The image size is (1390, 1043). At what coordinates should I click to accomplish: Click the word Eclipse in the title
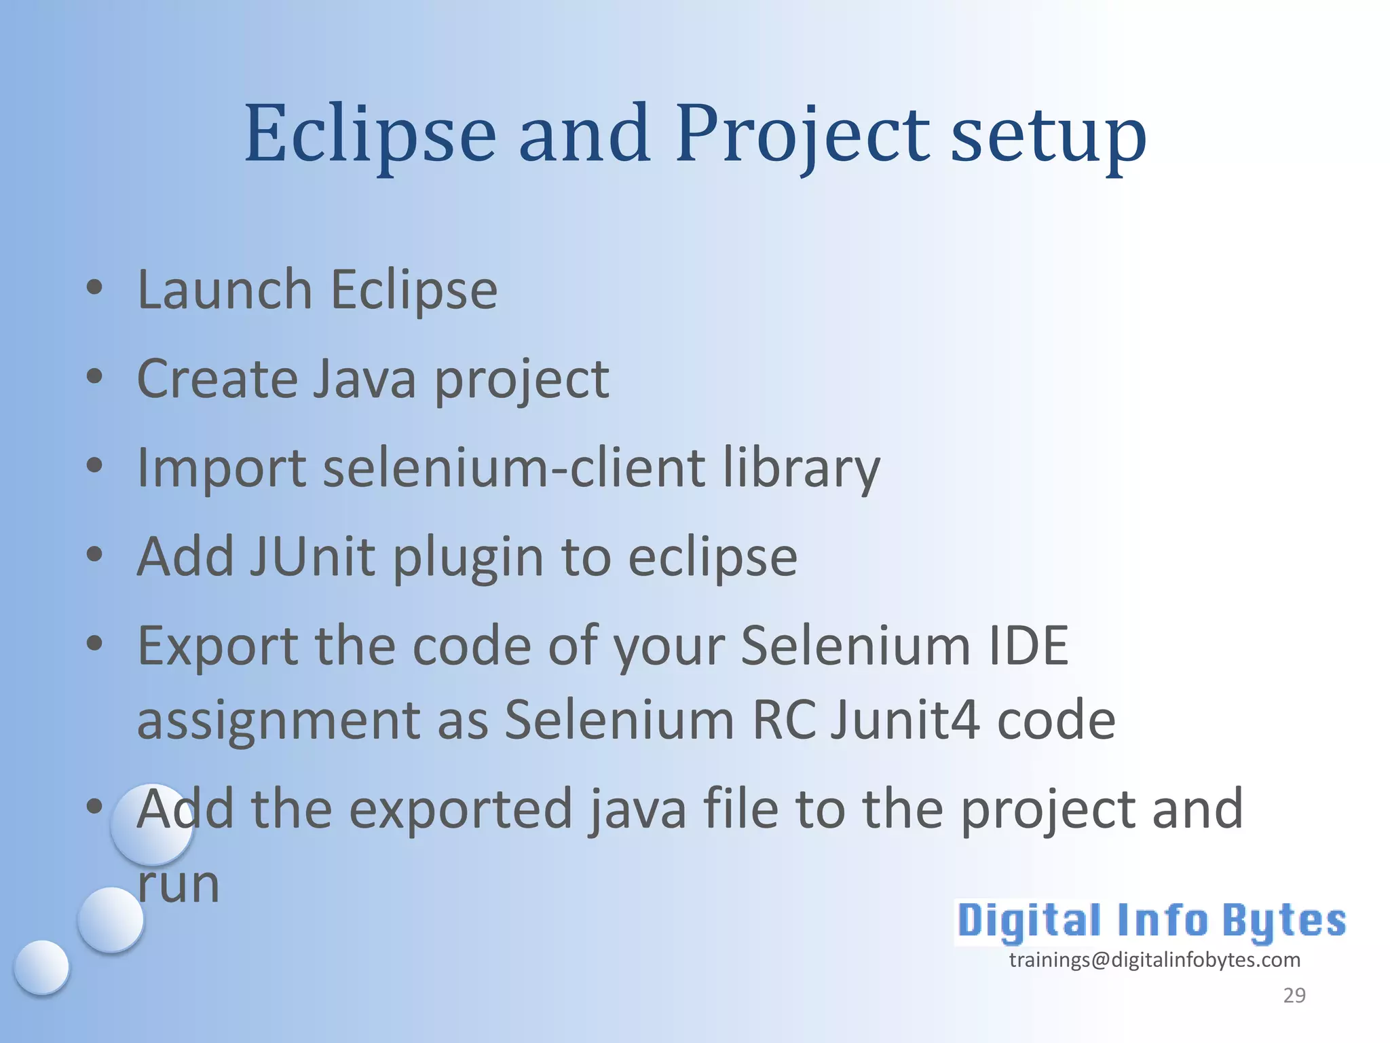pyautogui.click(x=370, y=134)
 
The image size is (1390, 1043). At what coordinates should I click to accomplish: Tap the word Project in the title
pyautogui.click(x=802, y=134)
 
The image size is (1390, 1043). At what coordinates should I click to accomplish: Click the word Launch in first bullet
pyautogui.click(x=225, y=290)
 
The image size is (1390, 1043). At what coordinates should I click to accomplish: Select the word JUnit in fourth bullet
pyautogui.click(x=312, y=557)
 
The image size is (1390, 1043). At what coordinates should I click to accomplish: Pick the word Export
pyautogui.click(x=217, y=646)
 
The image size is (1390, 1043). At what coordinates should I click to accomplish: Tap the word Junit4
pyautogui.click(x=905, y=720)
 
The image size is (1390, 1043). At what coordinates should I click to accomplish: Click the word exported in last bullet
pyautogui.click(x=461, y=809)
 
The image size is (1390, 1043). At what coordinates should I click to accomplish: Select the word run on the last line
pyautogui.click(x=179, y=885)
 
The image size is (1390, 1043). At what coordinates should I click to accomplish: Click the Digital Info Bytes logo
pyautogui.click(x=1151, y=921)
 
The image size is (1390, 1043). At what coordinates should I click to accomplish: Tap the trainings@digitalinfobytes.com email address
pyautogui.click(x=1154, y=959)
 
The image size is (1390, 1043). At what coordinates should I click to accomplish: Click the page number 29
pyautogui.click(x=1294, y=995)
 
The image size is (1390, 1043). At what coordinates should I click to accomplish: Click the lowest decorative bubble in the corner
pyautogui.click(x=41, y=967)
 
